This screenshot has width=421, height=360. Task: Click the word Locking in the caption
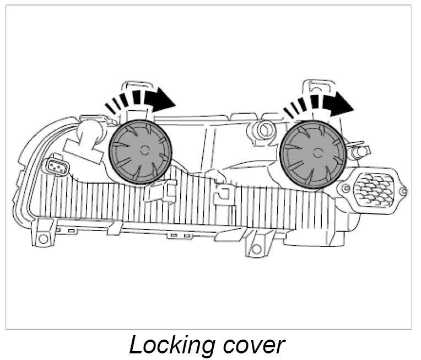point(168,345)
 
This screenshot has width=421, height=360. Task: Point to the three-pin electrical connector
point(55,166)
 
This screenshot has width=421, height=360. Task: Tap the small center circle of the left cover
point(144,150)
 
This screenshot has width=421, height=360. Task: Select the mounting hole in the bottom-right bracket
point(256,249)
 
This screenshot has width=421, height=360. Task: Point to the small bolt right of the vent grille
point(403,192)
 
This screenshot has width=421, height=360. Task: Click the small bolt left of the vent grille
point(346,188)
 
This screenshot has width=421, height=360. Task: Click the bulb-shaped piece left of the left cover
point(88,136)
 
